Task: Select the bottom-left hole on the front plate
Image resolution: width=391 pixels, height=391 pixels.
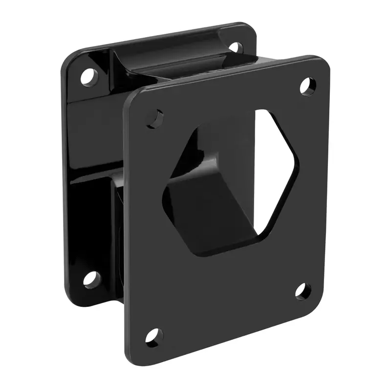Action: click(154, 337)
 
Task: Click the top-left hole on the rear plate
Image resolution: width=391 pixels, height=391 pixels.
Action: click(88, 76)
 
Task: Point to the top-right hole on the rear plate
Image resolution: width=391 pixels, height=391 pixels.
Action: click(235, 47)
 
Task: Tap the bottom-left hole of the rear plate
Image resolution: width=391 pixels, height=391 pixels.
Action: click(90, 279)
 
